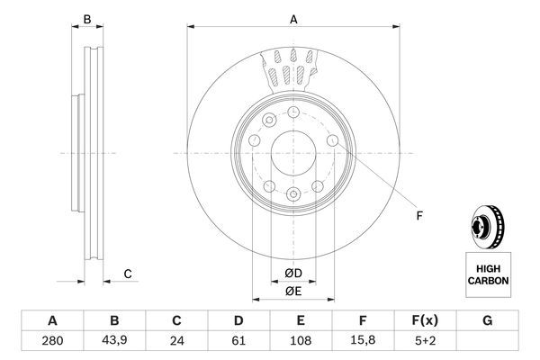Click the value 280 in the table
(x=52, y=341)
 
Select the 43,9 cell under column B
(x=114, y=341)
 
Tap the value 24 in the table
(x=176, y=341)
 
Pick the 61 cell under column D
(x=238, y=341)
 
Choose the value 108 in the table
(x=301, y=341)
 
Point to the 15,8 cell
(x=363, y=341)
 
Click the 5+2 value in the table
(x=425, y=341)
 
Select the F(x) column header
(x=425, y=320)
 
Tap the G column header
(x=487, y=320)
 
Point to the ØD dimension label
(x=293, y=274)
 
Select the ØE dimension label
(x=293, y=291)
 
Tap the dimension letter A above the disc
(x=293, y=19)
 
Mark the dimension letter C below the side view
(x=128, y=274)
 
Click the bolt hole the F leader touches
(x=334, y=140)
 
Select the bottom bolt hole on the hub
(x=292, y=193)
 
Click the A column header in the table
(x=52, y=320)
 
